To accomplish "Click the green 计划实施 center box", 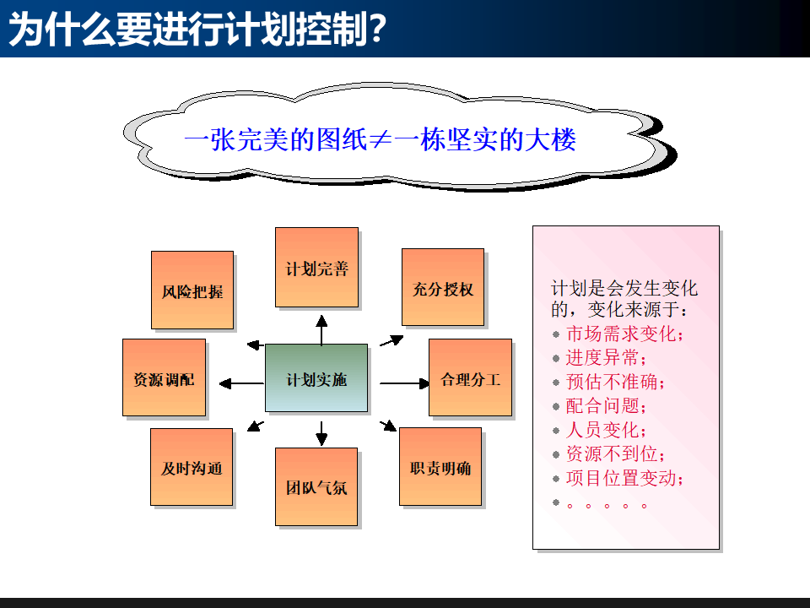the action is pos(316,378).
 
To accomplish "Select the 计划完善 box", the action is pos(316,268).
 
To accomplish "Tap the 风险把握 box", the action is pos(192,290).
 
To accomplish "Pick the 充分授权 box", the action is pos(443,287).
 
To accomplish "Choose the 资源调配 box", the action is pos(164,377).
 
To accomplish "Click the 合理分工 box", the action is pos(470,377).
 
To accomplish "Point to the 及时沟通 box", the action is pos(192,467).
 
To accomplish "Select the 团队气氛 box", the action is pos(316,487).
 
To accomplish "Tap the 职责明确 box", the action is pos(440,466).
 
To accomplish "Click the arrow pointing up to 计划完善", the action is pos(321,330).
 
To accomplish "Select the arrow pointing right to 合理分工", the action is pos(405,383).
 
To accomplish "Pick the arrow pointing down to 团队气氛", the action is pos(321,433).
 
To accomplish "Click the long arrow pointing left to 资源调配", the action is pos(241,383).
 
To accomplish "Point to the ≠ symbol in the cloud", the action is pos(380,139).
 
